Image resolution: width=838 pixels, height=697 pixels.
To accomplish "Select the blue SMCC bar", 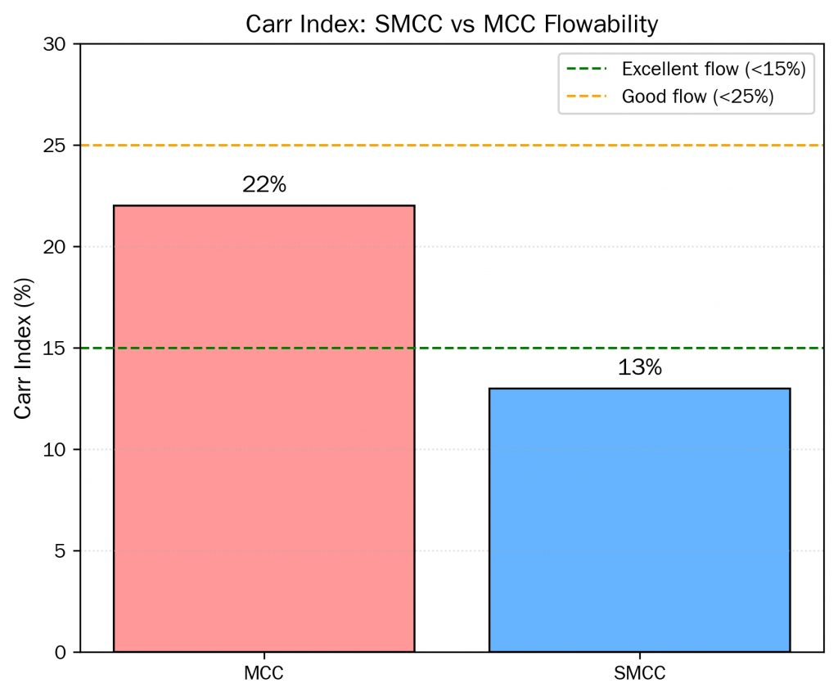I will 639,519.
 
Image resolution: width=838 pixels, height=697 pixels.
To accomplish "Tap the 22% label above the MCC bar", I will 264,186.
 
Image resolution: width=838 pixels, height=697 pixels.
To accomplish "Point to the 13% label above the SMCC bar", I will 639,368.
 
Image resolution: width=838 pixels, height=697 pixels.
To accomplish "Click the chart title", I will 452,25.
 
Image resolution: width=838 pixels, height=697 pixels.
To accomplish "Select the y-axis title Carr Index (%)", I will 25,348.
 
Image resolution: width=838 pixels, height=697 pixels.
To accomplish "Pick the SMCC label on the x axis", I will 639,674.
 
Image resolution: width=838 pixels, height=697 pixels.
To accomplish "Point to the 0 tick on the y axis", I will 62,652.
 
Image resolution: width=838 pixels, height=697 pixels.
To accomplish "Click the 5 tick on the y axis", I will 62,551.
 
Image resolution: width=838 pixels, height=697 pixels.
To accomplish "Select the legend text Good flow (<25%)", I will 698,97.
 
